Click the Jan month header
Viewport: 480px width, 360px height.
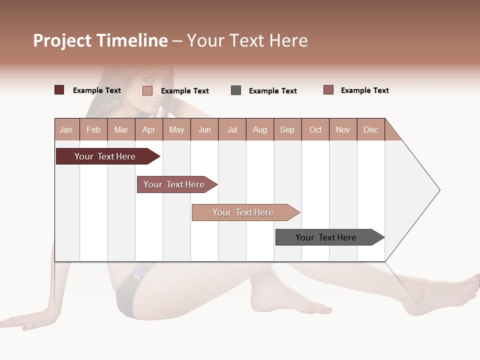point(66,129)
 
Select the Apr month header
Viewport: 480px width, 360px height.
point(148,129)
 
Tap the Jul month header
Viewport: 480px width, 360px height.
point(232,129)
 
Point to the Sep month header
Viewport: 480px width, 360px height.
point(287,129)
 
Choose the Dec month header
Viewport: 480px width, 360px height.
point(370,129)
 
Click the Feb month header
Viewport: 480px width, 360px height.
point(93,129)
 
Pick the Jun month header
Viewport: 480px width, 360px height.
point(204,129)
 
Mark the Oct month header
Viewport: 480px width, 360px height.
point(315,129)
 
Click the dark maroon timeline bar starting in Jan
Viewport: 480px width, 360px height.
point(105,156)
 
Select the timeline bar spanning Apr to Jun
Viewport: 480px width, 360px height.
point(174,184)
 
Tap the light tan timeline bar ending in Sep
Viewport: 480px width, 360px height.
point(243,212)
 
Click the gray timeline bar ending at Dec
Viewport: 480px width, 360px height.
point(326,237)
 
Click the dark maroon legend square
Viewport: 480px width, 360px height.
point(59,90)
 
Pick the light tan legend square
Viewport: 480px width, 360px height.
point(147,90)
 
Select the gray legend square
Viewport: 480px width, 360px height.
point(236,90)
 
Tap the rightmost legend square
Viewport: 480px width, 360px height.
point(328,90)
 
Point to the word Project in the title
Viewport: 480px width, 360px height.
point(62,40)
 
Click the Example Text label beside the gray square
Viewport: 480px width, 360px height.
point(272,91)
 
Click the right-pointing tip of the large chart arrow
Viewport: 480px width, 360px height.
point(438,190)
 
